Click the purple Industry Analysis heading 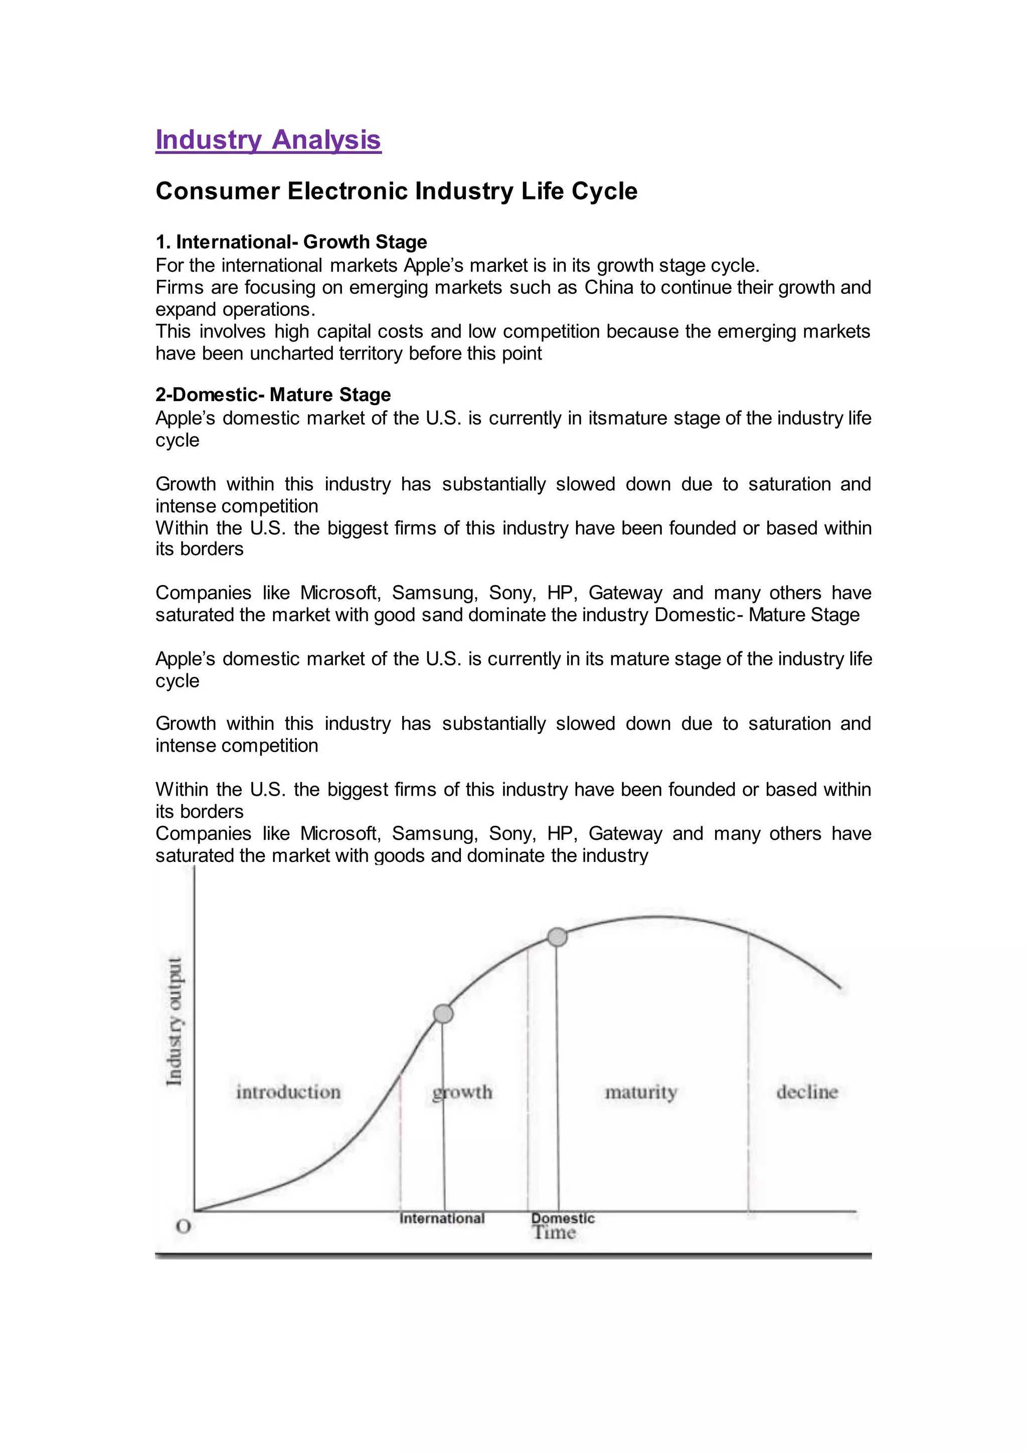click(x=268, y=140)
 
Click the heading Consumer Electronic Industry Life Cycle click(x=397, y=191)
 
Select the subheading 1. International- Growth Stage click(x=291, y=242)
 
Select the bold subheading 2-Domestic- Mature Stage click(x=273, y=395)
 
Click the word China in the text click(x=608, y=287)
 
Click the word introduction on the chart click(x=288, y=1092)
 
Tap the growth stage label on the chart click(x=462, y=1092)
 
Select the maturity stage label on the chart click(x=640, y=1092)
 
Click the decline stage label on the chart click(x=807, y=1092)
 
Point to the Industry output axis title click(x=175, y=1021)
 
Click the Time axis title click(x=554, y=1232)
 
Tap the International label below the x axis click(x=442, y=1218)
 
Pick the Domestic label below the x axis click(x=563, y=1218)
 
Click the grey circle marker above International click(x=443, y=1014)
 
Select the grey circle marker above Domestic click(x=557, y=937)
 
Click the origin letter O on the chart click(x=184, y=1227)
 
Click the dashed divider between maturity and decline click(x=749, y=1075)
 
